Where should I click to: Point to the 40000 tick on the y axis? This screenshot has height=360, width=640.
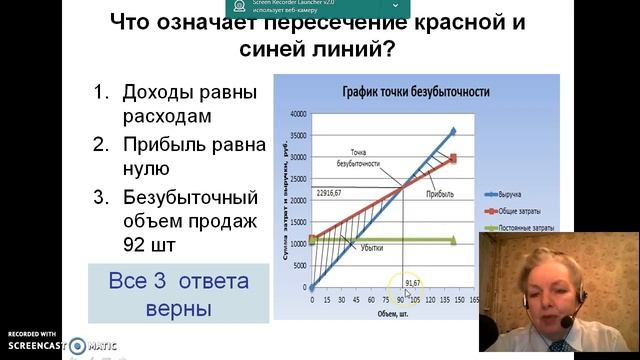(x=298, y=113)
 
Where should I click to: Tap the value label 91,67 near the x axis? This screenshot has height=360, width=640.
(x=413, y=283)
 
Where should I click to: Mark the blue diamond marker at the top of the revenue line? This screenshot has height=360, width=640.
(x=452, y=131)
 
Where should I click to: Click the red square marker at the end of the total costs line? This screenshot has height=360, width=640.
(x=452, y=158)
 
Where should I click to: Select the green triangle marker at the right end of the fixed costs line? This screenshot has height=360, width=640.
(x=452, y=240)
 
